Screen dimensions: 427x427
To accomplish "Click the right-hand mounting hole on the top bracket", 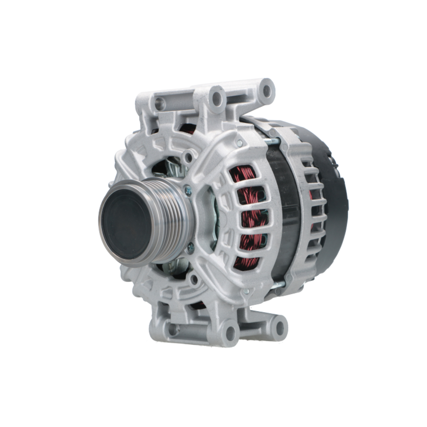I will (x=267, y=90).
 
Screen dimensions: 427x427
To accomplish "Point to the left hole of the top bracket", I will (x=160, y=103).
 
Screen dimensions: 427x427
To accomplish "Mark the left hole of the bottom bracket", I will (x=173, y=329).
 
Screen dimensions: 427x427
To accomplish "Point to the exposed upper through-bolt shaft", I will (x=272, y=141).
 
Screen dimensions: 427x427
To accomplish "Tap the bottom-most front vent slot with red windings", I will (x=247, y=261).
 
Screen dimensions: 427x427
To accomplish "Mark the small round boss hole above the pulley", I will (x=187, y=158).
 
